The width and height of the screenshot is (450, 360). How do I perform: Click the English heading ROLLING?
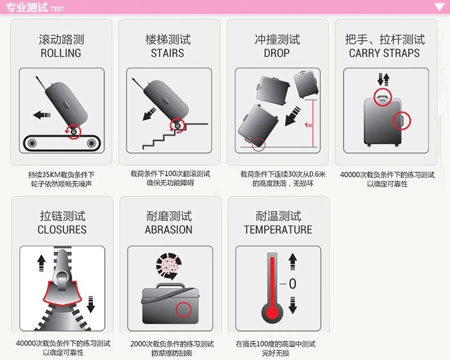tap(61, 53)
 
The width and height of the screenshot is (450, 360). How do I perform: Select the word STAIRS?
tap(167, 53)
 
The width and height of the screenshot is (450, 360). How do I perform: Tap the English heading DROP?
tap(277, 53)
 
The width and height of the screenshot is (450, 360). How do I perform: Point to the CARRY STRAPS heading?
tap(384, 53)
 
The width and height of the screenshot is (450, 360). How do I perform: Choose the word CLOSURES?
tap(62, 230)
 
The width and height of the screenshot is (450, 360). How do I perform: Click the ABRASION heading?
tap(169, 230)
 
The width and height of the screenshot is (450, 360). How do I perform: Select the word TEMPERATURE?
tap(278, 230)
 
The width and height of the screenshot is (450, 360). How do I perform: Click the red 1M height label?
tap(308, 125)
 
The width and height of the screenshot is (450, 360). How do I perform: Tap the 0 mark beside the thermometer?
tap(292, 284)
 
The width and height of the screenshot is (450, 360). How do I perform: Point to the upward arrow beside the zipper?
tap(41, 263)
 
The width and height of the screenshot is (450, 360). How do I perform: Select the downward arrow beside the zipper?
tap(91, 304)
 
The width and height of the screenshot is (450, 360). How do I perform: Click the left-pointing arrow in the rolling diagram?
tap(42, 115)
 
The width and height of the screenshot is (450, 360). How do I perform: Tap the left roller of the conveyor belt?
tap(32, 143)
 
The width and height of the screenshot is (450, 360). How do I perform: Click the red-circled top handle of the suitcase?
tap(383, 97)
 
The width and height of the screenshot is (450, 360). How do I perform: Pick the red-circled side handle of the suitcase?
tap(401, 121)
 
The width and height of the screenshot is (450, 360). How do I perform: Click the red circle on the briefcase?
tap(184, 310)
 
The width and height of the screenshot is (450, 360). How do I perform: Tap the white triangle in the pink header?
tap(439, 7)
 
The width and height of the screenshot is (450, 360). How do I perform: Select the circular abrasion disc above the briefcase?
tap(169, 266)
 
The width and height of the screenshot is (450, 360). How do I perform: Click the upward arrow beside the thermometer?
tap(292, 262)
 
